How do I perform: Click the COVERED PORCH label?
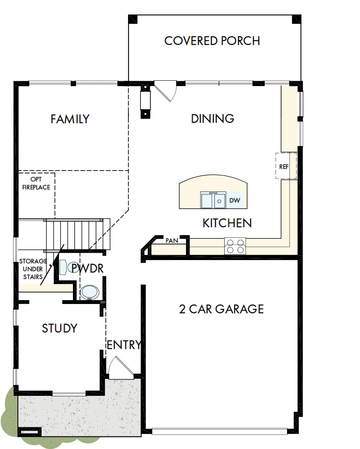[212, 41]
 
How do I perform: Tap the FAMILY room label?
[70, 119]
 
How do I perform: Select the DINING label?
[213, 118]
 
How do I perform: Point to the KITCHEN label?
[227, 223]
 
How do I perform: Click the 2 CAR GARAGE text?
[221, 309]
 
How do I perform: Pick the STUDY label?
[59, 329]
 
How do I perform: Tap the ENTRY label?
[124, 345]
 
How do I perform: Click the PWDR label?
[87, 268]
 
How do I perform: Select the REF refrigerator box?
[284, 167]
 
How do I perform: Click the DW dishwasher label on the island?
[234, 200]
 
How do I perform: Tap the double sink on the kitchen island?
[213, 200]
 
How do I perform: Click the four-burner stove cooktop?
[235, 246]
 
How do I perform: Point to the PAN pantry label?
[172, 240]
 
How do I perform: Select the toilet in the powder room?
[65, 268]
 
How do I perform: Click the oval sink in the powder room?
[89, 292]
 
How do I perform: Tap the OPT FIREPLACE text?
[36, 183]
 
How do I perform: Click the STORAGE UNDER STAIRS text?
[33, 269]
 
